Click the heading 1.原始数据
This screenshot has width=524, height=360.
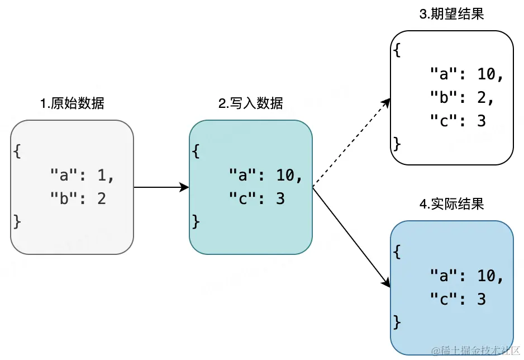click(72, 103)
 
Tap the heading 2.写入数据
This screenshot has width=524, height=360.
click(251, 103)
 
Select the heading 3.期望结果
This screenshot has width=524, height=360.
click(451, 15)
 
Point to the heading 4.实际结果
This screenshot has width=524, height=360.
click(451, 204)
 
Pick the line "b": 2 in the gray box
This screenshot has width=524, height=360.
click(78, 198)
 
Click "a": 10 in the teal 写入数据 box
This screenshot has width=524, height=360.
click(265, 176)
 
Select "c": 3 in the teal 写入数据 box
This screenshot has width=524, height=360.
click(256, 198)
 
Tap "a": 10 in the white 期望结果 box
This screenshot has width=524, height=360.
click(466, 74)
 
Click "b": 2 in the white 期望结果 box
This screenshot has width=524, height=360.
click(462, 97)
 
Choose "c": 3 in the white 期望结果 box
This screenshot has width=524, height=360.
click(458, 120)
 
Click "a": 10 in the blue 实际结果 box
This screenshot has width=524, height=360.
click(466, 276)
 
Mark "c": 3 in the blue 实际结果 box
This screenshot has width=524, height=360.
click(458, 299)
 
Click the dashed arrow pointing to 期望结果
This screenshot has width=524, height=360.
click(351, 143)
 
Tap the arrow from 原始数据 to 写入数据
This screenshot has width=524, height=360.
click(161, 187)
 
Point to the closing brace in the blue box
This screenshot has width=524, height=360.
click(397, 322)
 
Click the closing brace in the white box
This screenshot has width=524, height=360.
click(397, 144)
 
